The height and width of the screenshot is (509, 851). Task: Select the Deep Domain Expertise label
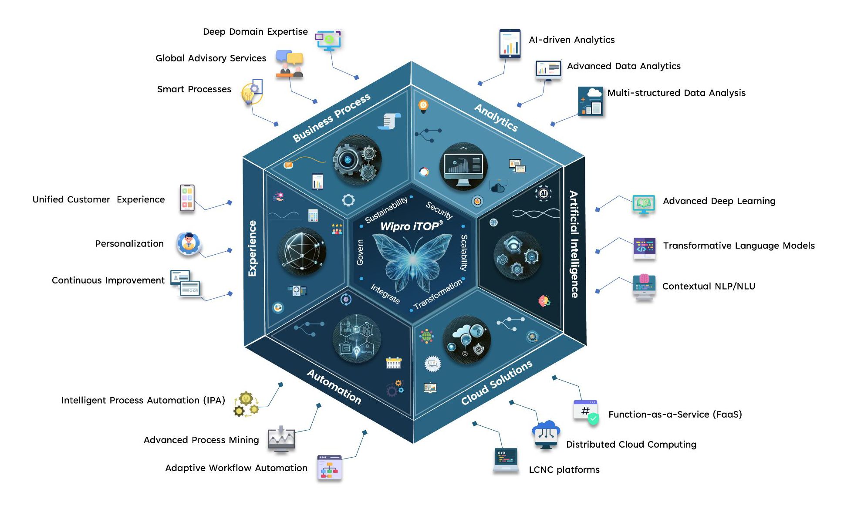[x=255, y=32]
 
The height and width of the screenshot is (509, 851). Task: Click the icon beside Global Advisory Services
[x=289, y=64]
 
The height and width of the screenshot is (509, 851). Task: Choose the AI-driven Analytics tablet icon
[x=510, y=44]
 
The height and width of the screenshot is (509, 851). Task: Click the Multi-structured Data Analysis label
[x=676, y=93]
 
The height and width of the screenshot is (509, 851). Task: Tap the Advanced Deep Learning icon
[x=643, y=204]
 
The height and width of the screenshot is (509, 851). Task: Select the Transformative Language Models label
[x=739, y=246]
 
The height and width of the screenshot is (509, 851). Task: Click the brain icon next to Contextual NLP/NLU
[x=644, y=287]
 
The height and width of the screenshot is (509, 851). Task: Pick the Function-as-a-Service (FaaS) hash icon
[x=586, y=411]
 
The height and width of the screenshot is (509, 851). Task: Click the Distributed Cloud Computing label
[x=631, y=445]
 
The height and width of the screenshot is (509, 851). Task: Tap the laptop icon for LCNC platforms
[x=506, y=460]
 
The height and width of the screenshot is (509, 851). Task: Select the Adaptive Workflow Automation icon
[x=329, y=467]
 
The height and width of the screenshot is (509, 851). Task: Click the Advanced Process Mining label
[x=201, y=440]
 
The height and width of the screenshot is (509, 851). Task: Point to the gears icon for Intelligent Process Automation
[x=246, y=404]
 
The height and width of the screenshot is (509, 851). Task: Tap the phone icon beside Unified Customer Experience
[x=187, y=198]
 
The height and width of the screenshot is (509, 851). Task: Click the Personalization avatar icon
[x=188, y=243]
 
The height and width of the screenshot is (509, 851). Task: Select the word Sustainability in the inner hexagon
[x=386, y=210]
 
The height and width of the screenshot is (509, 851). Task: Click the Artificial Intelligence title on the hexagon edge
[x=574, y=244]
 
